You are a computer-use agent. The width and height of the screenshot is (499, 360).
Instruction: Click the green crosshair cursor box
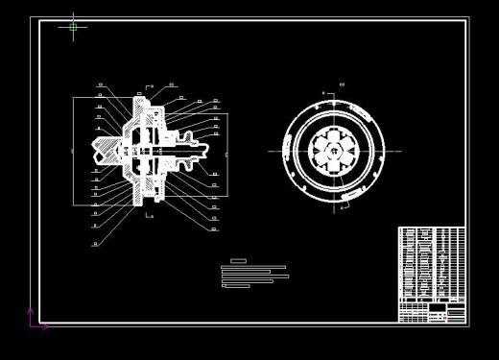pos(73,27)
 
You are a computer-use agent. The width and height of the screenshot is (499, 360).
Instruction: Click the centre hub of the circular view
pos(334,151)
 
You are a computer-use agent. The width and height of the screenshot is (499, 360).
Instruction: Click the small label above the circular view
pos(342,85)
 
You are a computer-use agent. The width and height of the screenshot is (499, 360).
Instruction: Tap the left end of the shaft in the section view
pos(97,149)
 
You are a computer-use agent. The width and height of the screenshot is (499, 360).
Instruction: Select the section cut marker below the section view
pos(149,216)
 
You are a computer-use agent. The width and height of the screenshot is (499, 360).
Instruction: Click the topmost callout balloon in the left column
pos(100,85)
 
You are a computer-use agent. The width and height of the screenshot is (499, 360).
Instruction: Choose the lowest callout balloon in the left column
pos(95,244)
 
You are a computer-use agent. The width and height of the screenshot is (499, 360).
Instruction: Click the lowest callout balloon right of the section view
pos(215,228)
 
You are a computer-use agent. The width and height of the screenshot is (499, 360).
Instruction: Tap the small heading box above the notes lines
pos(238,261)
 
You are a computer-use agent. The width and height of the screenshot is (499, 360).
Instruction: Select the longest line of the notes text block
pos(255,276)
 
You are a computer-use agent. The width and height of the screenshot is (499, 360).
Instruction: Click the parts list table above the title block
pos(431,264)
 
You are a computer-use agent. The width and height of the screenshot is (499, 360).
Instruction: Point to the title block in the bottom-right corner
pos(431,313)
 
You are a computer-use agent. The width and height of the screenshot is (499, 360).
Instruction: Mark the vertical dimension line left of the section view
pos(74,151)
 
